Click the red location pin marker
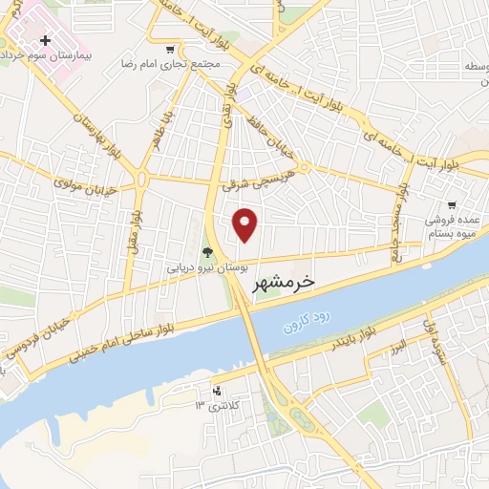[245, 224]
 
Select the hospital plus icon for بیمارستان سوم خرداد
[45, 41]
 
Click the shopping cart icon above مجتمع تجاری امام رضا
[170, 50]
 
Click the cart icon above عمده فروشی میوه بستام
[451, 204]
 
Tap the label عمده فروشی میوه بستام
[452, 223]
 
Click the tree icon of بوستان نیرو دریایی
[208, 253]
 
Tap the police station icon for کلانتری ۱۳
[217, 391]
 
